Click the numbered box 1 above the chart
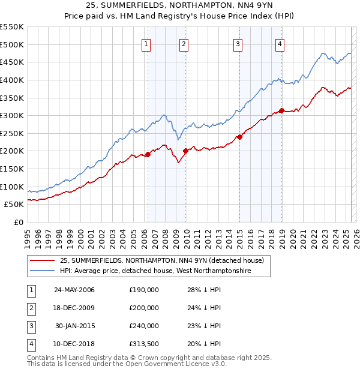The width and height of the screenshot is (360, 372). pyautogui.click(x=147, y=44)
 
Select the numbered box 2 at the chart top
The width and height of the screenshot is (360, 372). pyautogui.click(x=184, y=44)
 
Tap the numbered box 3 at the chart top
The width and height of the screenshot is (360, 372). pyautogui.click(x=238, y=44)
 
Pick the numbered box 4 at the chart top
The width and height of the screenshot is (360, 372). pyautogui.click(x=280, y=44)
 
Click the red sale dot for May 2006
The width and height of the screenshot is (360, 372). pyautogui.click(x=148, y=155)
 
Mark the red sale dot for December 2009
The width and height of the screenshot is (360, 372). pyautogui.click(x=185, y=151)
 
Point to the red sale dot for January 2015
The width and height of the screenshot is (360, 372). pyautogui.click(x=239, y=137)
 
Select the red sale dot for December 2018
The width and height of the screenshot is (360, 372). pyautogui.click(x=281, y=111)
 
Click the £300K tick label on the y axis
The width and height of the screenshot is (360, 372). pyautogui.click(x=12, y=115)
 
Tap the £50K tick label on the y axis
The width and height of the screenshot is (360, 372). pyautogui.click(x=14, y=205)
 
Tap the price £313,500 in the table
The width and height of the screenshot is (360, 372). pyautogui.click(x=144, y=344)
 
